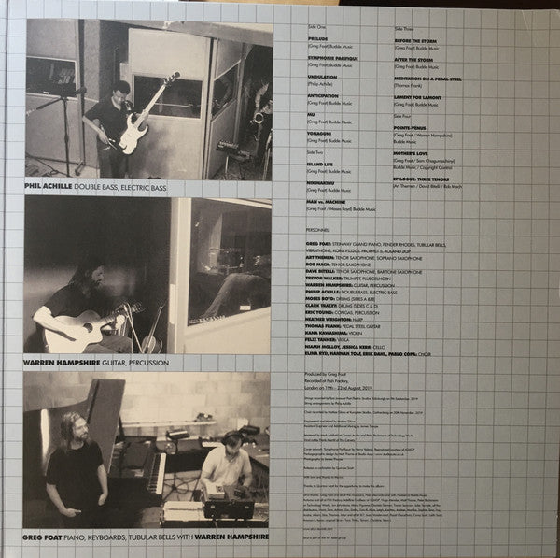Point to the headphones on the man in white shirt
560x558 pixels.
(231, 436)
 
